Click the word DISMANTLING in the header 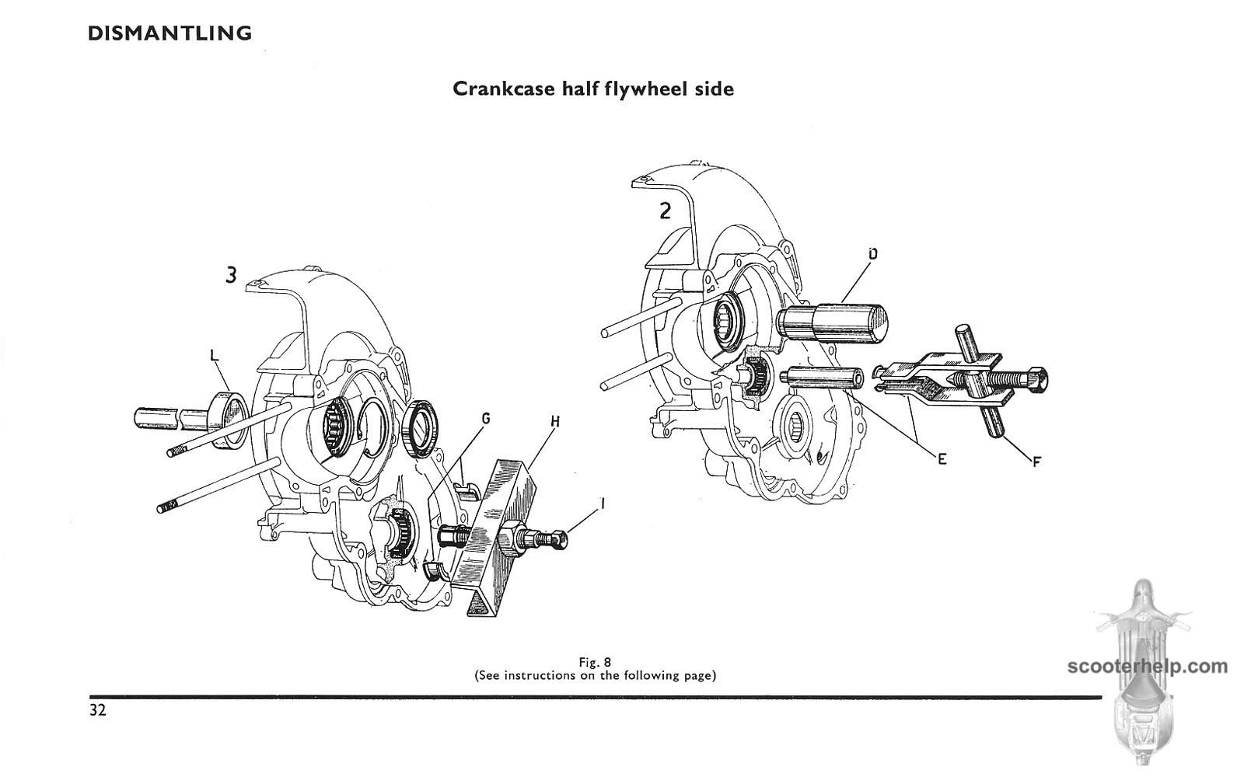(x=169, y=33)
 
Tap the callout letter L (x=215, y=357)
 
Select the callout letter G (x=485, y=419)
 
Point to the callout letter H (x=555, y=422)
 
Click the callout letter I (x=603, y=503)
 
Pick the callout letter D (x=872, y=254)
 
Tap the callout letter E (x=942, y=459)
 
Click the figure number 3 (x=231, y=275)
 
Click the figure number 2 (x=665, y=211)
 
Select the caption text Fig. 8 (x=595, y=662)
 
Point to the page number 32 (x=97, y=711)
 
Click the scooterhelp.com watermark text (x=1148, y=666)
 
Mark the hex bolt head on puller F (x=1034, y=379)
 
